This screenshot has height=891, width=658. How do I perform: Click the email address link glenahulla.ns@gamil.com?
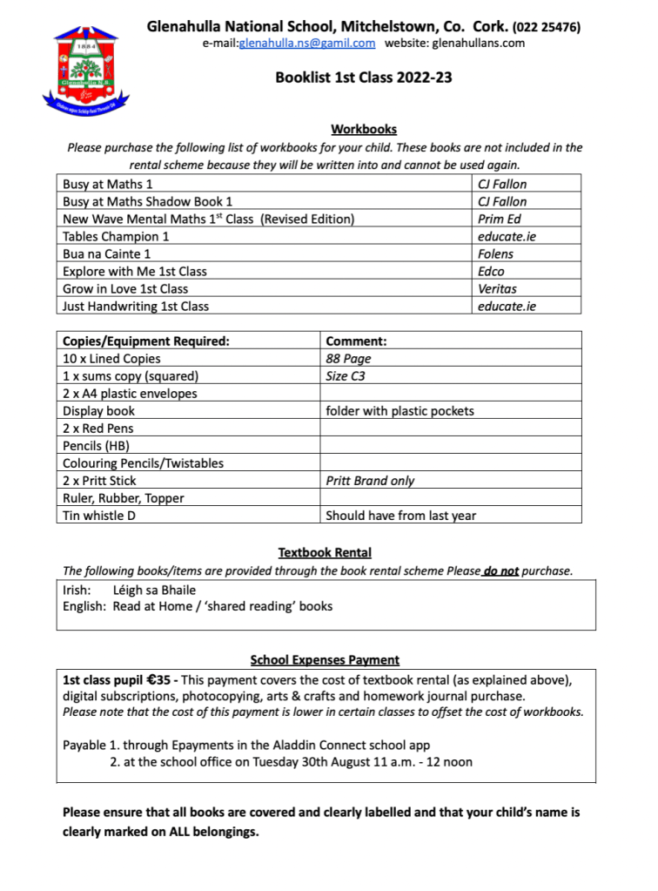tap(306, 44)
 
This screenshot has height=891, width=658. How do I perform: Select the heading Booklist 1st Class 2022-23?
tap(363, 78)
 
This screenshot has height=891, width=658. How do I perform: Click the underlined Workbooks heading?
tap(364, 130)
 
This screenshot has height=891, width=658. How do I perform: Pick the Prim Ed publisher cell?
tap(497, 219)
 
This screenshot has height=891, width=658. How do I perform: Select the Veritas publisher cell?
tap(497, 288)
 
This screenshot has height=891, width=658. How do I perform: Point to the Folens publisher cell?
tap(496, 253)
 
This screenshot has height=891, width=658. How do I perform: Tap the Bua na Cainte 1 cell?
tap(107, 253)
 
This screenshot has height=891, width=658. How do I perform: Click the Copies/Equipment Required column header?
tap(146, 341)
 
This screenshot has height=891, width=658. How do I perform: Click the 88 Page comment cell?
tap(348, 359)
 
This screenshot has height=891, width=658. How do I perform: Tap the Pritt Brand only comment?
tap(370, 481)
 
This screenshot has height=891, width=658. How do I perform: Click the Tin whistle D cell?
tap(99, 516)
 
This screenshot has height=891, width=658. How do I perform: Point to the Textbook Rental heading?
tap(325, 552)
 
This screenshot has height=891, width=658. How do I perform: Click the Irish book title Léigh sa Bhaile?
tap(155, 590)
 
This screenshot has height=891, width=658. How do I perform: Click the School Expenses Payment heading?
tap(325, 660)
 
